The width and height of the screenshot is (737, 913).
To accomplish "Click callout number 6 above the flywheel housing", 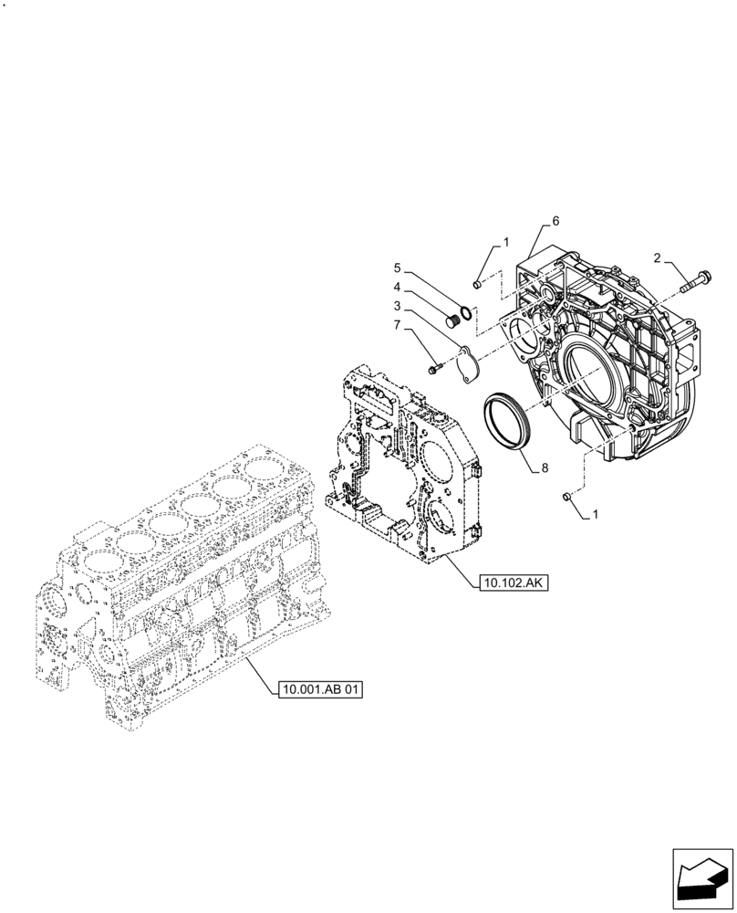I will (x=555, y=222).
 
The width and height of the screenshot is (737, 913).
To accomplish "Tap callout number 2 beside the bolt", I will (x=658, y=257).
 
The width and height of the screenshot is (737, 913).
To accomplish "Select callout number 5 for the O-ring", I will (x=397, y=268).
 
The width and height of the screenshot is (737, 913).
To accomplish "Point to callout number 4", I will (x=397, y=286).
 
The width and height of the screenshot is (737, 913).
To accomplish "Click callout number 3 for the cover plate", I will (x=397, y=305).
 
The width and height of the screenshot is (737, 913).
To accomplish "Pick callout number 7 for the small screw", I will (x=397, y=324).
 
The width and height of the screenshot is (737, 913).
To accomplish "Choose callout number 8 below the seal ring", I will (x=544, y=467).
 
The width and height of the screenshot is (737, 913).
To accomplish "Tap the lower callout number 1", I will (x=596, y=515).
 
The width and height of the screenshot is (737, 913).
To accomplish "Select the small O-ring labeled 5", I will (x=466, y=313).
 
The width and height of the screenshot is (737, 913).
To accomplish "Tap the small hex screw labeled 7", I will (x=434, y=368).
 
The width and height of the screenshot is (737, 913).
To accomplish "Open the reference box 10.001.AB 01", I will (x=320, y=690).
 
